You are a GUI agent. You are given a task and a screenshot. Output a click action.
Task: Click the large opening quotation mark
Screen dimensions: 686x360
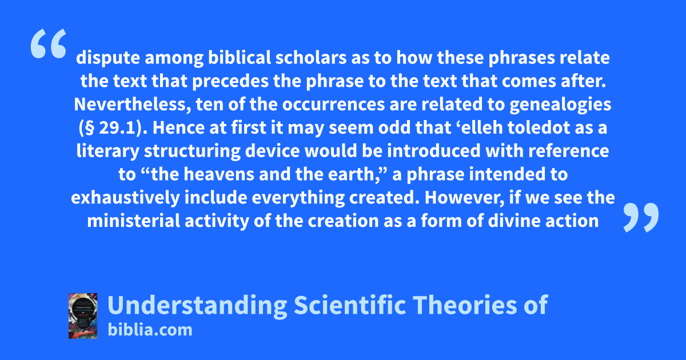tap(49, 43)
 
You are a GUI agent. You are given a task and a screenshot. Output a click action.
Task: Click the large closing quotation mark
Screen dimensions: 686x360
tap(641, 217)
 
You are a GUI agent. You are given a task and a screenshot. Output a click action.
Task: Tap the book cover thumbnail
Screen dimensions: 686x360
tap(83, 316)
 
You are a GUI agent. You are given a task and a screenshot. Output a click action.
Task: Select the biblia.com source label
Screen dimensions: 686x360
tap(150, 330)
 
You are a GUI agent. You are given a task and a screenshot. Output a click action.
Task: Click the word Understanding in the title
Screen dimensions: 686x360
tap(197, 305)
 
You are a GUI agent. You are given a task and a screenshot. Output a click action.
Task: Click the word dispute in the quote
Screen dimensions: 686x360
tap(108, 58)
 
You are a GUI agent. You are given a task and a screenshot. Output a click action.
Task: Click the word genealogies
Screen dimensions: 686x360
tap(560, 105)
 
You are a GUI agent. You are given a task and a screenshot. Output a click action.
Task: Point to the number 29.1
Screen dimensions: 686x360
tap(117, 128)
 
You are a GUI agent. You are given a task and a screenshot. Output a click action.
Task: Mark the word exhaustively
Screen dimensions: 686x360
tap(125, 198)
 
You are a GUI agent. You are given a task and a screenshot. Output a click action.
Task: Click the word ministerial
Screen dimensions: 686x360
tap(134, 221)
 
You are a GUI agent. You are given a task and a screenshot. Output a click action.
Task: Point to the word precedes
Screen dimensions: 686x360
tap(230, 81)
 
